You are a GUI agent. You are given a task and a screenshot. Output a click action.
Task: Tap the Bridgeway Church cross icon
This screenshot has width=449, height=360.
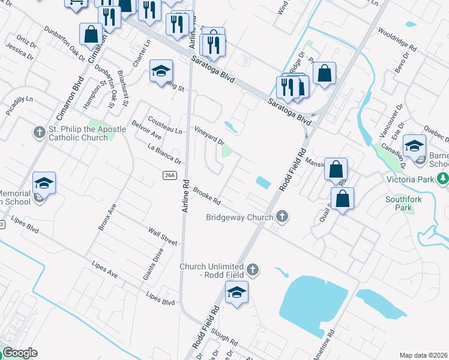tap(281, 217)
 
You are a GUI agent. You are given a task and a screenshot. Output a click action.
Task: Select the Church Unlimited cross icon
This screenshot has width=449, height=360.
tap(253, 269)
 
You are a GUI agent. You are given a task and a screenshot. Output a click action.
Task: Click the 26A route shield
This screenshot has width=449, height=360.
tap(170, 175)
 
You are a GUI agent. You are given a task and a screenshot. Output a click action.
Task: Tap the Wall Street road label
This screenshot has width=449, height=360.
tap(163, 236)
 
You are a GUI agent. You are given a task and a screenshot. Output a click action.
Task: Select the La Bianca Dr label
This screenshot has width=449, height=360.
tap(164, 153)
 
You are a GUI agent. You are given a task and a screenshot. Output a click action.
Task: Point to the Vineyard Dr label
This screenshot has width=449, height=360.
tap(209, 136)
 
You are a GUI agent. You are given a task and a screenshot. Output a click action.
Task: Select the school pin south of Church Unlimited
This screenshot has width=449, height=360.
tap(237, 294)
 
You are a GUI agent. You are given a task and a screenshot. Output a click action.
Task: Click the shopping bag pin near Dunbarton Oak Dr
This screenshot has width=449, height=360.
tap(91, 35)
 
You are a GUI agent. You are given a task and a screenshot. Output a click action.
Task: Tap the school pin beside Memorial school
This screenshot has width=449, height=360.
tap(44, 184)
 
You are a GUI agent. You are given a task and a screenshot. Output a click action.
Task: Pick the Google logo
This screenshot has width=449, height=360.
tap(20, 353)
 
